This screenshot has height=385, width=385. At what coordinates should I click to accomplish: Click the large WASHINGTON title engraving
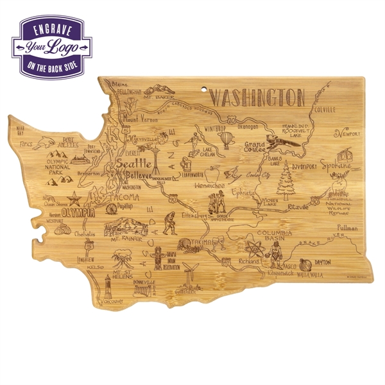click(x=257, y=98)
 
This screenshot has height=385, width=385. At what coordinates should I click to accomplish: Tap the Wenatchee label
click(x=208, y=185)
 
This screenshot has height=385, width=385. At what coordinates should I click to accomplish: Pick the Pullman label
click(x=347, y=228)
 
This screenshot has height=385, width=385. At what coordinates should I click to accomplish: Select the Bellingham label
click(x=128, y=92)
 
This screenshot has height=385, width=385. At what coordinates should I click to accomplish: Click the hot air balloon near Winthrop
click(x=227, y=139)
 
